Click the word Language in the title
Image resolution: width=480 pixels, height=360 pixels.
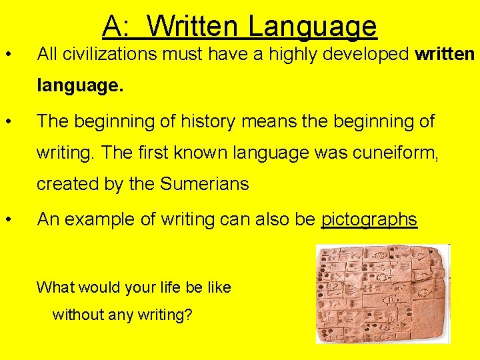(313, 27)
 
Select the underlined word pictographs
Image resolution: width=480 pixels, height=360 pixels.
(369, 219)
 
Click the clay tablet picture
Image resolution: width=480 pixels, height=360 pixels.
(382, 293)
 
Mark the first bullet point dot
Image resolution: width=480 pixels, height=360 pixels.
(8, 54)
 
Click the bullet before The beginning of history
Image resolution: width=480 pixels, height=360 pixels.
(8, 122)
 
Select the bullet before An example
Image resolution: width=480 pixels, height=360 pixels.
(8, 219)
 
